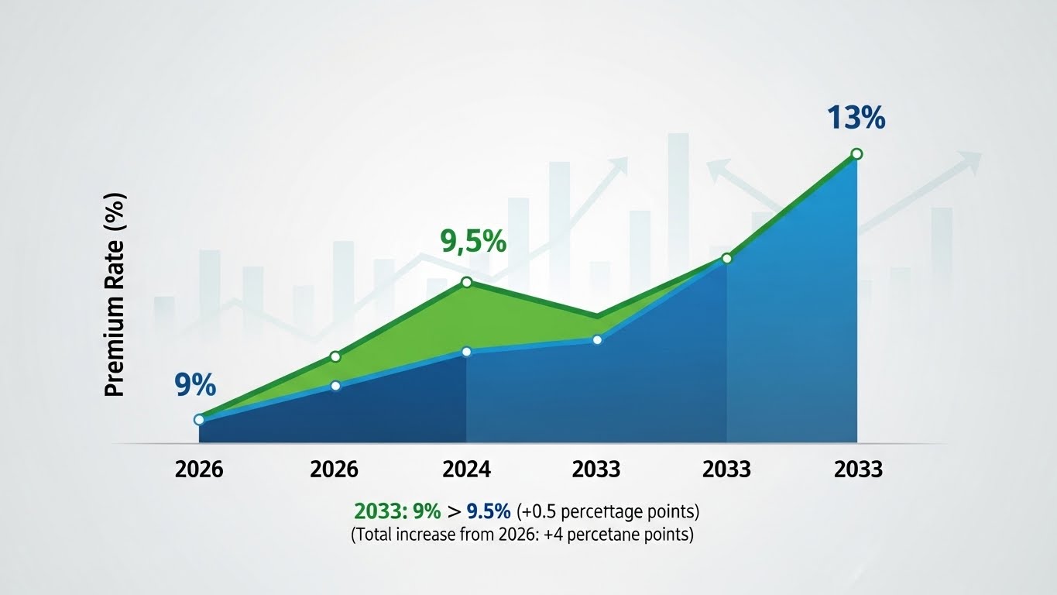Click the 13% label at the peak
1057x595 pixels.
[x=856, y=119]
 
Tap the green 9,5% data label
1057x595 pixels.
[x=472, y=242]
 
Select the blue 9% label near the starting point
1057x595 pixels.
[x=194, y=384]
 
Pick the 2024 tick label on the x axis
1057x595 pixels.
[x=466, y=469]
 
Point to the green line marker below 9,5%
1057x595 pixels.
[x=467, y=282]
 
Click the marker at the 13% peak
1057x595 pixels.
[x=856, y=154]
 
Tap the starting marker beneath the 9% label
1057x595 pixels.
[x=199, y=419]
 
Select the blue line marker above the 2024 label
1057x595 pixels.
[x=466, y=352]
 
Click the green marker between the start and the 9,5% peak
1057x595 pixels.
[x=335, y=356]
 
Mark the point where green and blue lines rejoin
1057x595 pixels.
[x=726, y=258]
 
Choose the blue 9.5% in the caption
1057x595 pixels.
[x=489, y=511]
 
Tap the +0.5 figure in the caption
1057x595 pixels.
[x=541, y=511]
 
